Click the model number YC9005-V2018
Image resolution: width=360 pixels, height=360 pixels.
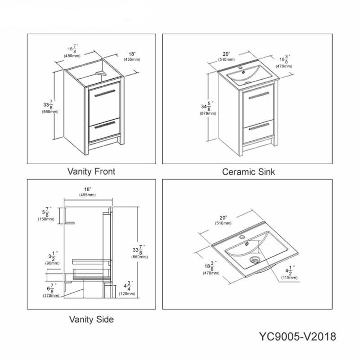tap(297, 337)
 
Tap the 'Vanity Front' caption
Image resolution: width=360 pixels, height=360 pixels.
tap(91, 171)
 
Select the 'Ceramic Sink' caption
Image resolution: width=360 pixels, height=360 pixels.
tap(248, 172)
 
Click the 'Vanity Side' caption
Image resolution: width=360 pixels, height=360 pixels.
tap(91, 319)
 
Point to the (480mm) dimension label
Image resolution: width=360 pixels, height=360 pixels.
tap(72, 56)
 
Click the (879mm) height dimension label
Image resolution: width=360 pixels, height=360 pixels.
tap(208, 113)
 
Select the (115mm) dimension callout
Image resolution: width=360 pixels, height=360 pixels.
tap(289, 278)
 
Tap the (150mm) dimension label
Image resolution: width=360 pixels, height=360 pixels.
tap(46, 219)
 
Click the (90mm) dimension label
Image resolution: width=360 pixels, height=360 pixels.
tap(52, 263)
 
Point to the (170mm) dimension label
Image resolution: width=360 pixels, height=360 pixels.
tap(51, 296)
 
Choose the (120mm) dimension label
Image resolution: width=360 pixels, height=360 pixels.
tap(127, 294)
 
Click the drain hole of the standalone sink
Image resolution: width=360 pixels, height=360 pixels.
tap(255, 260)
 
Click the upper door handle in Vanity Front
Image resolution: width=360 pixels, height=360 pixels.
tap(105, 93)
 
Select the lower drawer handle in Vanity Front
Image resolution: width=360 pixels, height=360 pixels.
tap(105, 125)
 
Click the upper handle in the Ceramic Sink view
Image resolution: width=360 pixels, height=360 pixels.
tap(259, 95)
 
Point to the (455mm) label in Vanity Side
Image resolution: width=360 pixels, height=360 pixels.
tap(87, 195)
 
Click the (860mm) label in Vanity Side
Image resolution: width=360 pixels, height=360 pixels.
tap(139, 257)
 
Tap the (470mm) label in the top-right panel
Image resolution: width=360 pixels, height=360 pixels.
tap(284, 66)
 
